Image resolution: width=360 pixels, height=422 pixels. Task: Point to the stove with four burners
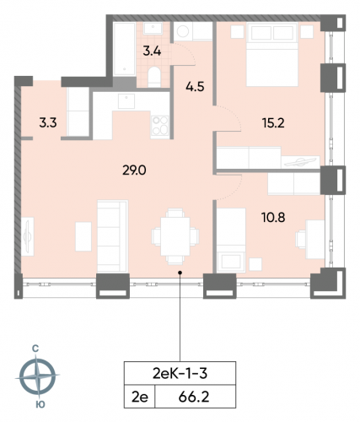(158, 127)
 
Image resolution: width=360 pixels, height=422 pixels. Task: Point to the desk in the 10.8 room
(314, 232)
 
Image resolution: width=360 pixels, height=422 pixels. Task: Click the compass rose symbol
(38, 375)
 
